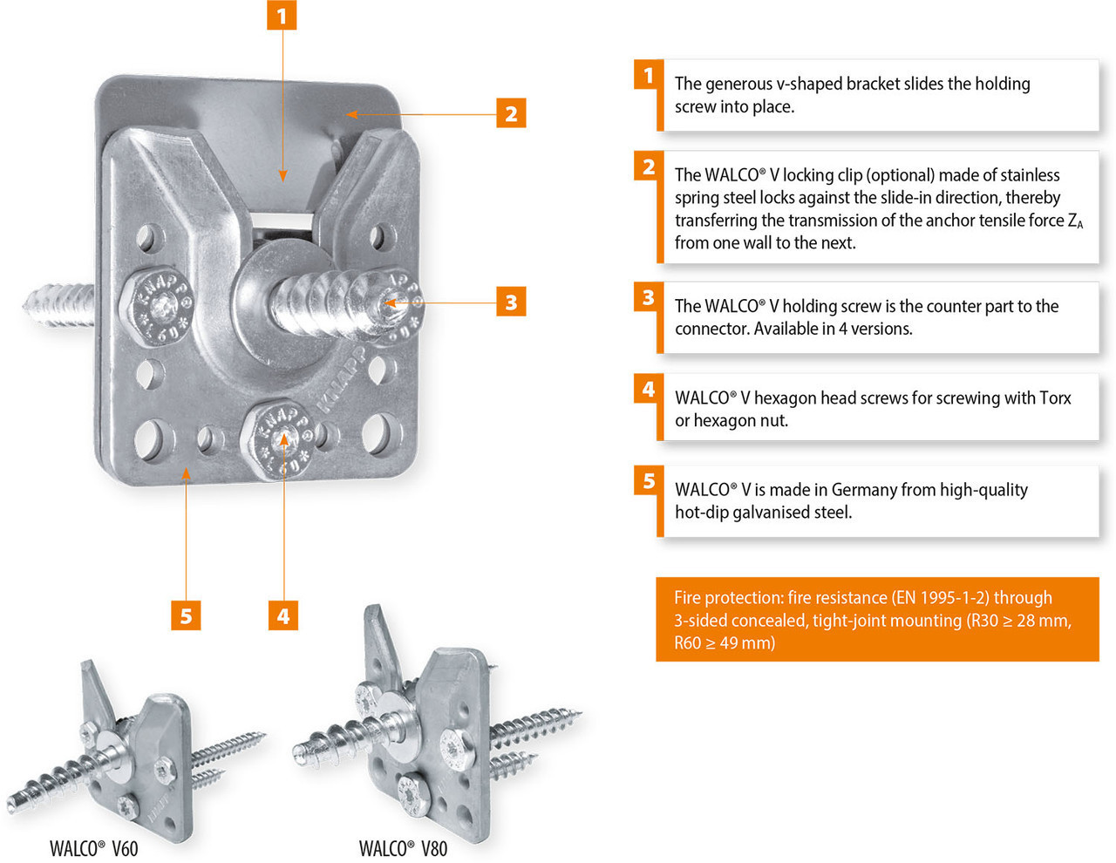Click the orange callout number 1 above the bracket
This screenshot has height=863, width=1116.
click(282, 16)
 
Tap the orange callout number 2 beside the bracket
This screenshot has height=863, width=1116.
click(511, 113)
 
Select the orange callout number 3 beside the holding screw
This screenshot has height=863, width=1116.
click(511, 302)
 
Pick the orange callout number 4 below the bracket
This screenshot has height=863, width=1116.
click(283, 615)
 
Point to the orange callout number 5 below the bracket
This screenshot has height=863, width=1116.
click(186, 615)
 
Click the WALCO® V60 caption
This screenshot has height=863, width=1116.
click(93, 848)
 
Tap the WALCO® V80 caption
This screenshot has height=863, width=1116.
click(403, 848)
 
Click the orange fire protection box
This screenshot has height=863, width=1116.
click(876, 619)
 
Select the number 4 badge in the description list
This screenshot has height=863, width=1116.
click(649, 389)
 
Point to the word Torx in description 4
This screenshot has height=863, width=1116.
click(1055, 398)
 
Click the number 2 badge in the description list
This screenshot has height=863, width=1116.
click(649, 166)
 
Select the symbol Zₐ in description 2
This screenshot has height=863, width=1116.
click(1075, 221)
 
